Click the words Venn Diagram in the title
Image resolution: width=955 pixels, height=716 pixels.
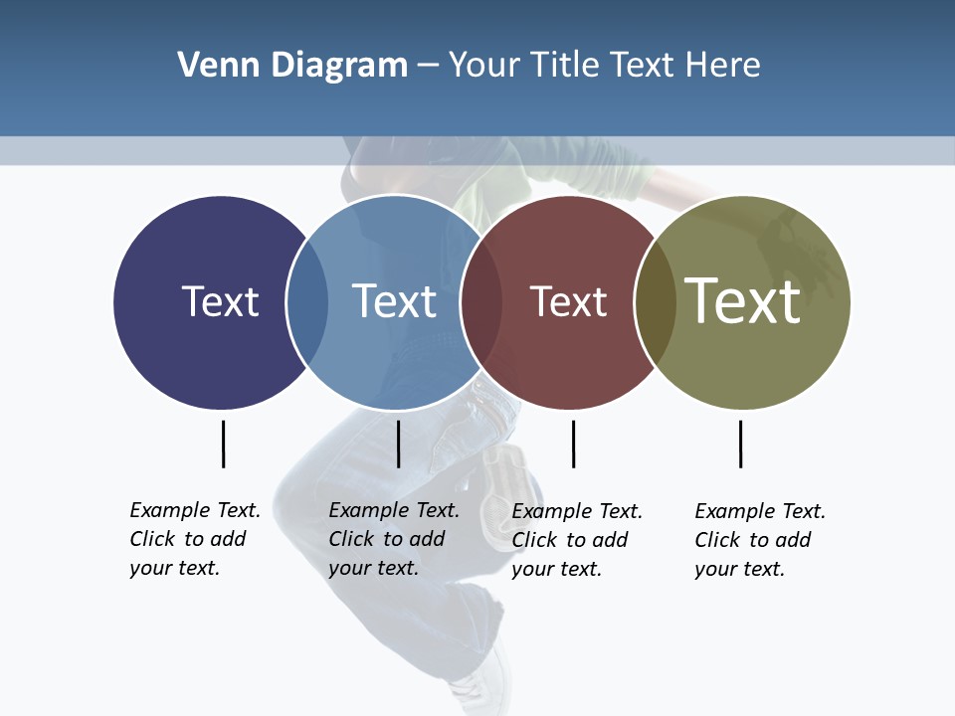point(292,66)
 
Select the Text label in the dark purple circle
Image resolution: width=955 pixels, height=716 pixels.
point(220,301)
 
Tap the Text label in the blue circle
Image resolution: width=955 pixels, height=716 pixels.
point(394,301)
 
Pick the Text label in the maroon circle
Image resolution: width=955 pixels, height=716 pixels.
point(568,301)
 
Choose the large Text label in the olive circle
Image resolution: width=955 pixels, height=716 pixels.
point(742,300)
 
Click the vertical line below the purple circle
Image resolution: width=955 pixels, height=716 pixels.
point(223,444)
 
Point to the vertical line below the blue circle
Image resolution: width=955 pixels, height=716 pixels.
point(398,444)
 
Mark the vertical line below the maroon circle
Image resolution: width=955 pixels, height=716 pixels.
point(573,444)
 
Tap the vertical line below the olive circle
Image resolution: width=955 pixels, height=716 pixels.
point(740,444)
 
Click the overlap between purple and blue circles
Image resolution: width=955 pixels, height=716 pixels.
point(307,302)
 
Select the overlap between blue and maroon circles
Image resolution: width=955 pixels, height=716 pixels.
point(481,302)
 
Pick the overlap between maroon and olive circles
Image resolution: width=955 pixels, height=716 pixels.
point(654,302)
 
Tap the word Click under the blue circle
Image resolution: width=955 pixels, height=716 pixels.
point(351,539)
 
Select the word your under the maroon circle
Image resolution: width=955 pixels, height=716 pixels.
point(532,569)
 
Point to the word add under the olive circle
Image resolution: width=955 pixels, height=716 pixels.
point(793,540)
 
